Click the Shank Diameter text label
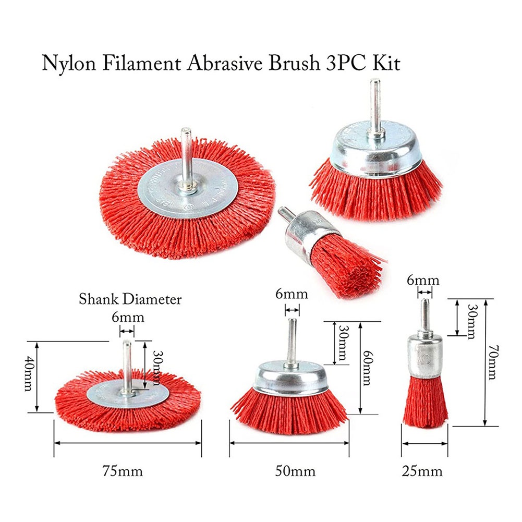click(130, 299)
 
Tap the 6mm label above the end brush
click(423, 280)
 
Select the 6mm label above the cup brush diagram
click(292, 294)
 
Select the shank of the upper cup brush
click(374, 104)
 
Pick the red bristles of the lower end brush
click(424, 401)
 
